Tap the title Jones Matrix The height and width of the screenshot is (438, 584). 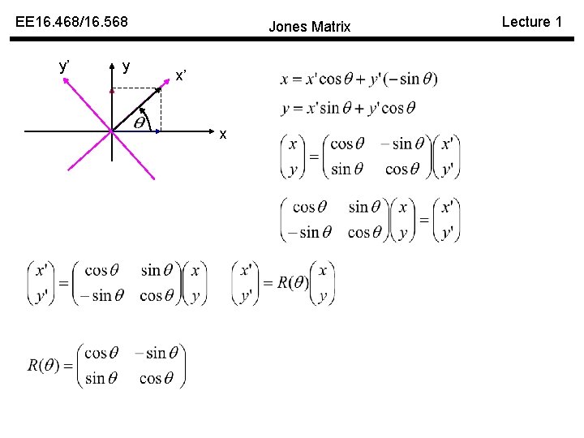[309, 27]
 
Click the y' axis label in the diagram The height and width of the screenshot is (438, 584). [64, 66]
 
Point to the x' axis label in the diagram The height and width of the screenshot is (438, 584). [182, 76]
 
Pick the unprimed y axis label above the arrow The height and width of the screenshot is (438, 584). [126, 66]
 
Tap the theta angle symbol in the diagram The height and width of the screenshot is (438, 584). [139, 124]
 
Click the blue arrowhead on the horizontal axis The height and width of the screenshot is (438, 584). [160, 130]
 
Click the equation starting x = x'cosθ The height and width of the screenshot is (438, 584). [359, 79]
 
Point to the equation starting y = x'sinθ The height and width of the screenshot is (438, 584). [348, 108]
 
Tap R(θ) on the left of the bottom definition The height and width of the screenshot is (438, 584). [43, 366]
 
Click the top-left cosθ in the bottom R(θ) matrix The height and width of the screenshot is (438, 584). [101, 353]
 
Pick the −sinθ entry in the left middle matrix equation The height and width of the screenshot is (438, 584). [97, 296]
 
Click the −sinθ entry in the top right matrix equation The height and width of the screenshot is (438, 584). [397, 144]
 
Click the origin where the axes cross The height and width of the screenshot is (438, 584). [112, 131]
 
